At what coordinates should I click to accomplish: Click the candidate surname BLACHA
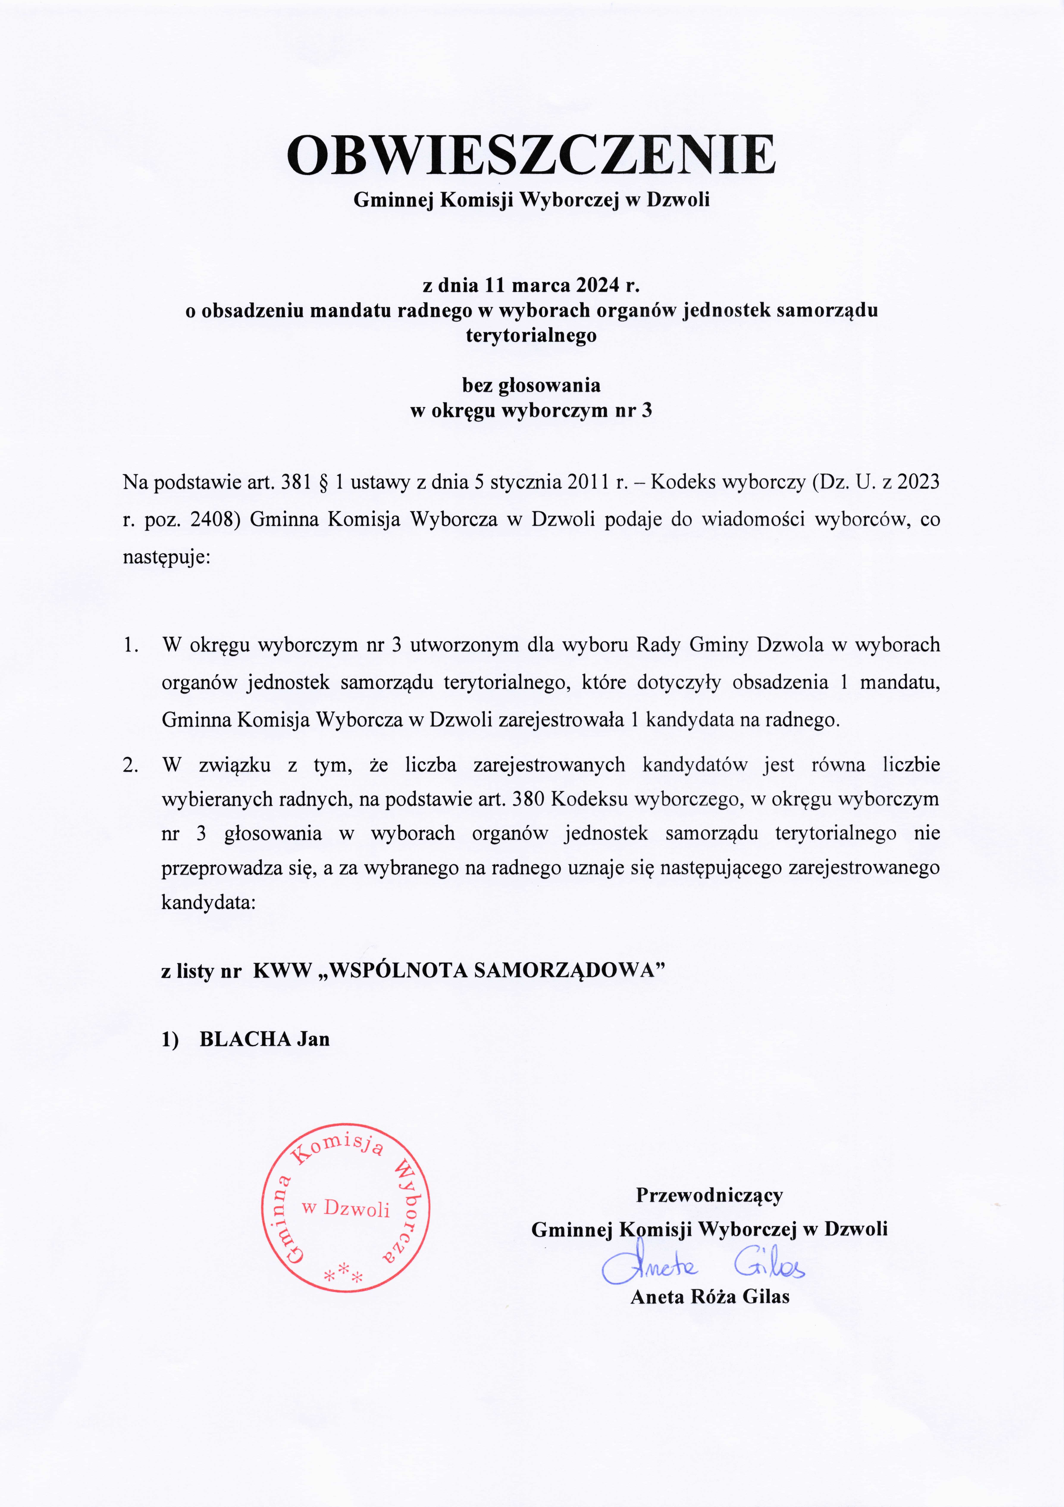click(x=245, y=1039)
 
